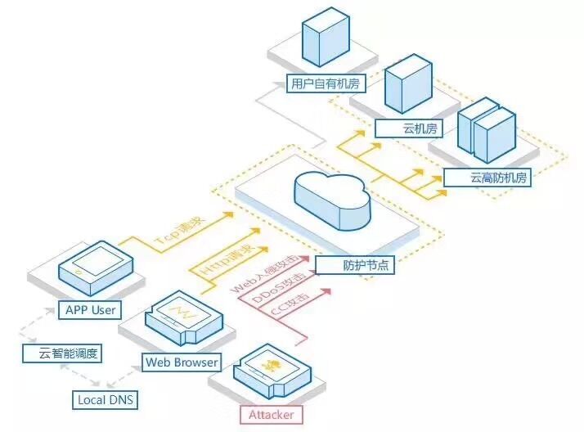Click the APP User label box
coord(90,310)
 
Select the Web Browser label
coord(182,362)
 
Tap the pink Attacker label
coord(272,415)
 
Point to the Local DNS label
coord(105,400)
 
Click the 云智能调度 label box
coord(62,353)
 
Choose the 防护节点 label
coord(355,265)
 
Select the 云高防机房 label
coord(487,178)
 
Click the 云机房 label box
coord(409,128)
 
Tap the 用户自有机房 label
coord(326,83)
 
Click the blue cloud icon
coord(332,200)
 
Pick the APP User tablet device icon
coord(96,268)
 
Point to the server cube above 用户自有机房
coord(326,38)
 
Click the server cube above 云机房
coord(408,83)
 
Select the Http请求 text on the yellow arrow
coord(227,259)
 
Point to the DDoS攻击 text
coord(279,287)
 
